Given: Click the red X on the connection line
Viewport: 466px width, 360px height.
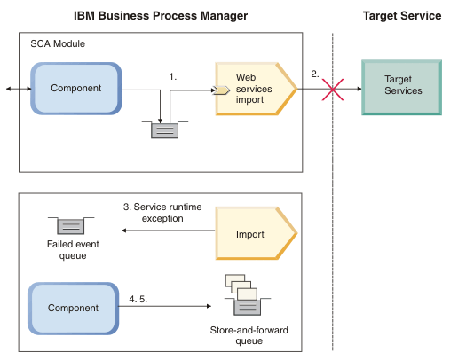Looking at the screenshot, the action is coord(333,90).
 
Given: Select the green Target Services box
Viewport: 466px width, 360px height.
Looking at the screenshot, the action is coord(401,87).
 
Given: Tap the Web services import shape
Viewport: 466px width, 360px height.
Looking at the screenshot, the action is coord(257,89).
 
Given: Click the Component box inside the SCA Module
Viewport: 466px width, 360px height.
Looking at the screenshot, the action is coord(76,88).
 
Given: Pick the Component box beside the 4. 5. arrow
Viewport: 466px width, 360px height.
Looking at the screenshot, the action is coord(73,308).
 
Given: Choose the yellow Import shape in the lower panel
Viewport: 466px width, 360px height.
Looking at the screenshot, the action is coord(257,233).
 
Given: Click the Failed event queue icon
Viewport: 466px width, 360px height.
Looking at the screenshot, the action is coord(71,225).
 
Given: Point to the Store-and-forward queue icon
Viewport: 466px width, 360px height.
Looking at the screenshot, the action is coord(248,294).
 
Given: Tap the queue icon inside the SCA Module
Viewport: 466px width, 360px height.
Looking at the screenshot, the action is coord(165,129).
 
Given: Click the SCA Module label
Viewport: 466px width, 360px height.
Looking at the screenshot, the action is coord(58,44).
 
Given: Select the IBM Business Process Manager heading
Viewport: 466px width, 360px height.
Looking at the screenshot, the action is coord(161,16).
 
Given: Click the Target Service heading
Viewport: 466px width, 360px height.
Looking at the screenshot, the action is coord(402,16).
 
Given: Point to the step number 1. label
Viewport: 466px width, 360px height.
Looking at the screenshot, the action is coord(173,77).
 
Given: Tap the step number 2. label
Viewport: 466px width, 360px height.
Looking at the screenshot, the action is coord(315,74).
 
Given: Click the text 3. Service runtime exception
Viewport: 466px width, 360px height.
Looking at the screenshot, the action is coord(162,213).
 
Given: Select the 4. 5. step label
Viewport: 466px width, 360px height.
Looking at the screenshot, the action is coord(138,299).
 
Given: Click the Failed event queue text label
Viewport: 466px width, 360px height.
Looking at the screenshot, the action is coord(73,249).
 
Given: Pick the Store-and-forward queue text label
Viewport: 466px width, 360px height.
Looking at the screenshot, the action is coord(249,335).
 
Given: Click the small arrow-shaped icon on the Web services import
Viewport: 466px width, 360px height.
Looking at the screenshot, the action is coord(222,90).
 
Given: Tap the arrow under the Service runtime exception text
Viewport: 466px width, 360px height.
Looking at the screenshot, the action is coord(169,231).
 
